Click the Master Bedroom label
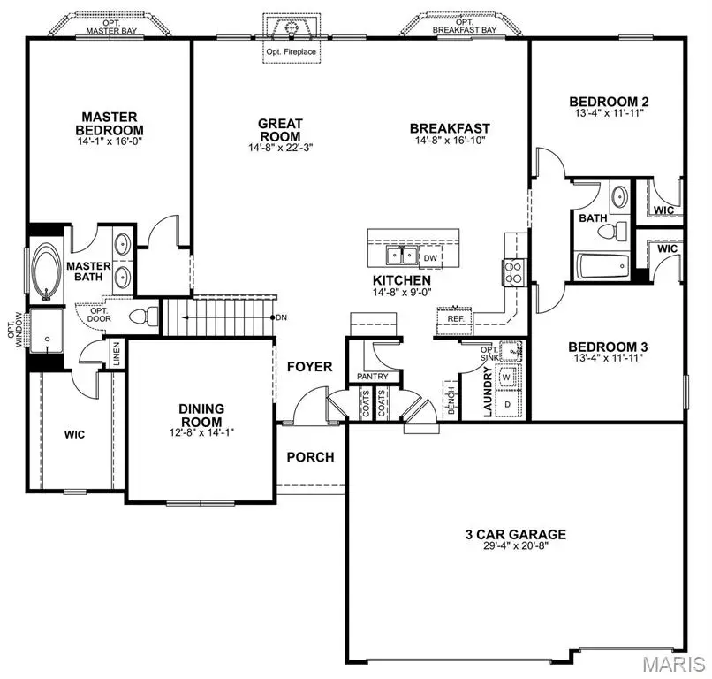110,124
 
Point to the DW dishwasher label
431,257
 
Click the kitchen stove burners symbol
512,271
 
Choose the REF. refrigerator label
456,318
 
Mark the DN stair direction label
281,317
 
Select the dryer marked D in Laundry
507,402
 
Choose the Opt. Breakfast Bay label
465,26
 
